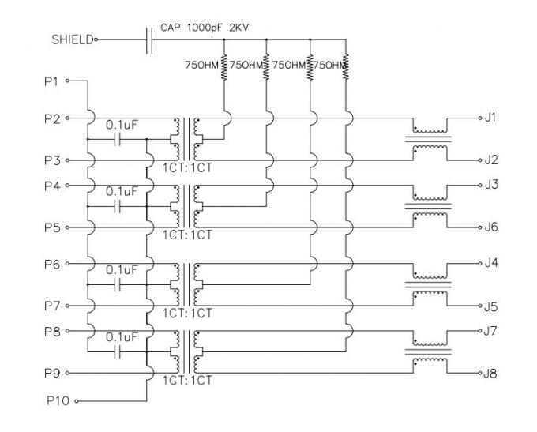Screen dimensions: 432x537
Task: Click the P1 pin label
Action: [51, 81]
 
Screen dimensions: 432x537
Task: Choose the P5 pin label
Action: [51, 227]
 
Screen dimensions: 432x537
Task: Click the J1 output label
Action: [490, 117]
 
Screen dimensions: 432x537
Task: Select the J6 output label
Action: [491, 227]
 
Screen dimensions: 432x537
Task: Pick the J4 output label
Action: [491, 261]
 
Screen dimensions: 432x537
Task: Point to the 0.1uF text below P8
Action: [122, 336]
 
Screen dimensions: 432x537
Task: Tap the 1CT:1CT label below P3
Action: [188, 168]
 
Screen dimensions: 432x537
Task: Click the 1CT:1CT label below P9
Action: [188, 380]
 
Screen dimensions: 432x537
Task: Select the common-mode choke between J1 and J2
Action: [428, 138]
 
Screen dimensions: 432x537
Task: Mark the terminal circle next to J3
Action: [478, 185]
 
